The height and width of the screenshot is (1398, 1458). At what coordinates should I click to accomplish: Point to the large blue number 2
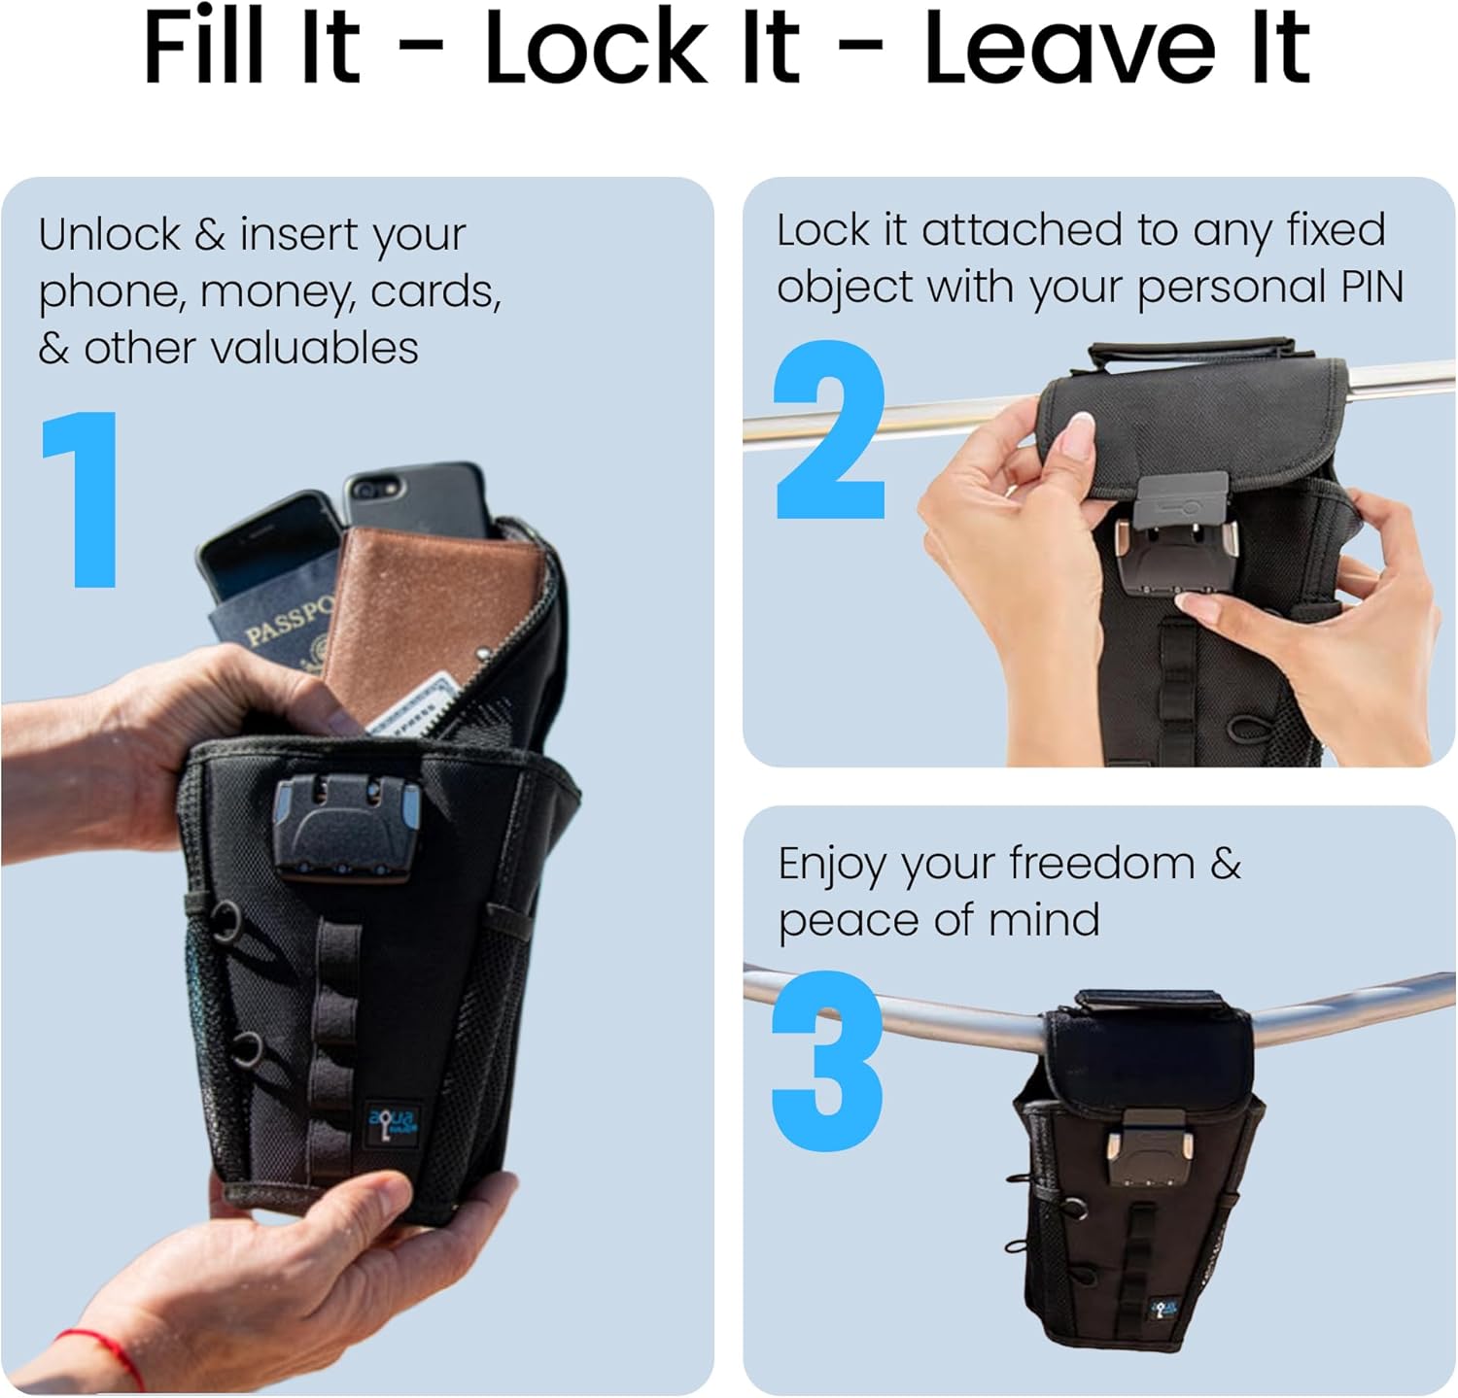click(830, 429)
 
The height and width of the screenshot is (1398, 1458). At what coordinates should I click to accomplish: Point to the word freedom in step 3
click(1101, 863)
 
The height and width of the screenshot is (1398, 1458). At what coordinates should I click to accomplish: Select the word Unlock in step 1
click(110, 234)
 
